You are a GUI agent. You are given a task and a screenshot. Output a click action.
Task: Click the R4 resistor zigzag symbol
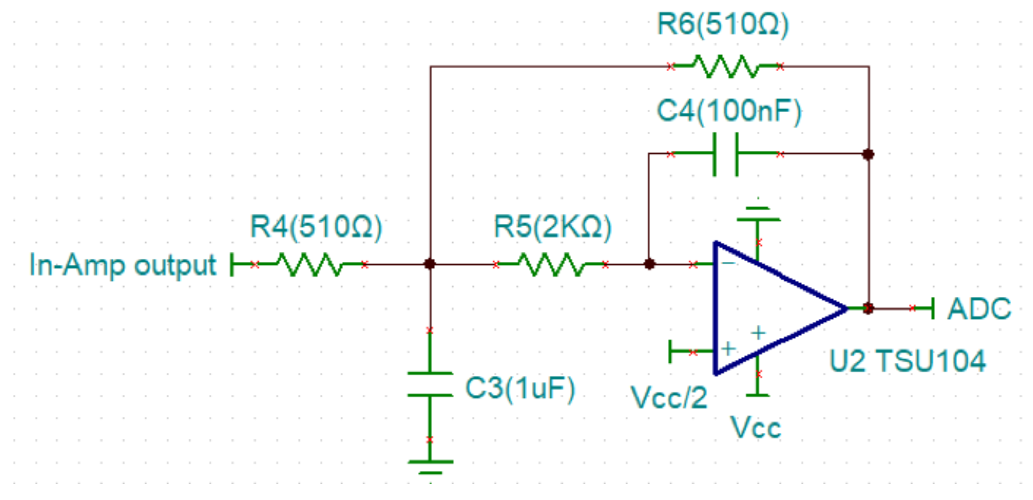pyautogui.click(x=310, y=264)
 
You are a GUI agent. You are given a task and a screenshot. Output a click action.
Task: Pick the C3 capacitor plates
pyautogui.click(x=430, y=384)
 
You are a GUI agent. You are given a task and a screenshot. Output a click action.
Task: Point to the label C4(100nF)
pyautogui.click(x=729, y=112)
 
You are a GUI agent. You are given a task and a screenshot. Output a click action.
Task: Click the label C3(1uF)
pyautogui.click(x=520, y=388)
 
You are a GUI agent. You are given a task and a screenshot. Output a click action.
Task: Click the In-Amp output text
pyautogui.click(x=123, y=265)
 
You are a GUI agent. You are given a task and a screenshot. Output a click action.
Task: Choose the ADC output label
pyautogui.click(x=978, y=309)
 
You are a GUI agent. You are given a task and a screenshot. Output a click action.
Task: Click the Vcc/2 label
pyautogui.click(x=669, y=397)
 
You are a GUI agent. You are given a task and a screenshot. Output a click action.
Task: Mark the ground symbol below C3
pyautogui.click(x=430, y=467)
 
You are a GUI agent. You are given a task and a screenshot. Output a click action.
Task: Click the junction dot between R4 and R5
pyautogui.click(x=430, y=264)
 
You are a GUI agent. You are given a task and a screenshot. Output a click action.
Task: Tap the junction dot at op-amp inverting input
pyautogui.click(x=650, y=264)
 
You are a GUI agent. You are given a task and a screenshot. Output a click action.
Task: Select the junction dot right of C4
pyautogui.click(x=868, y=154)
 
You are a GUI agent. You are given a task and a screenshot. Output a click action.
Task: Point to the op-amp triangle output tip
pyautogui.click(x=846, y=309)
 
